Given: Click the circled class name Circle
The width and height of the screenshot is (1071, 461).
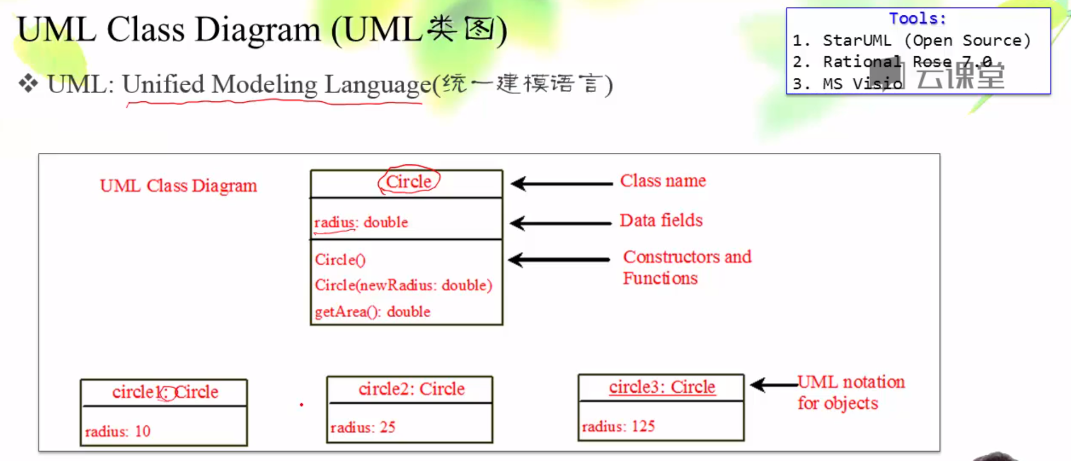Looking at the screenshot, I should pos(409,181).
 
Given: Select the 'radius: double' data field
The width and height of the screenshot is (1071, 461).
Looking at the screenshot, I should pos(361,222).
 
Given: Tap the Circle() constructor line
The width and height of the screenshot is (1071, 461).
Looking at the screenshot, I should pos(340,260).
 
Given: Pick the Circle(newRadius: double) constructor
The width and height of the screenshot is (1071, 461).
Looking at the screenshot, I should pos(403,285).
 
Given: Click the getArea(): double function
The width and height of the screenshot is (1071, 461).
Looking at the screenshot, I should pos(373,312).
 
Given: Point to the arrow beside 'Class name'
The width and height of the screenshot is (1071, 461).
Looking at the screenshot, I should pos(561,184).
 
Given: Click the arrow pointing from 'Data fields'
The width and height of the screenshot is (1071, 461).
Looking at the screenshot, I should pos(560,223).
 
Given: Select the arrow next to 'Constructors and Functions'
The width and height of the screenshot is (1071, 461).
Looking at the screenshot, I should pos(559,260).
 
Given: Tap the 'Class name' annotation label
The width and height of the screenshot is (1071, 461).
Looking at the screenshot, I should pos(663,181).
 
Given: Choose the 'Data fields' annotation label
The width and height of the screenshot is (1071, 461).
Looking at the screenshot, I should pos(661,220).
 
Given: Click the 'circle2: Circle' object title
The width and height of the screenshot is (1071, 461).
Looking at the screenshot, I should pos(411,389).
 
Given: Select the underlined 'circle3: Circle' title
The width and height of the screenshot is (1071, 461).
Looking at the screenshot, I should pos(662,387).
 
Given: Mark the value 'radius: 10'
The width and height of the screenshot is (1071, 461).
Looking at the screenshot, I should pos(118,431).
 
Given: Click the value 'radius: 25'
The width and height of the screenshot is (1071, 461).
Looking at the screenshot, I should pos(363,427).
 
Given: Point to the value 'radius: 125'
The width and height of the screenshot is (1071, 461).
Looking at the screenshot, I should pos(618,426).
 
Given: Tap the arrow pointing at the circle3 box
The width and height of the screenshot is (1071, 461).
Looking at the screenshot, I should pos(773,385).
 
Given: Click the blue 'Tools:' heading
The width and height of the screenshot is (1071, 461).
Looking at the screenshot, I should pos(917,19).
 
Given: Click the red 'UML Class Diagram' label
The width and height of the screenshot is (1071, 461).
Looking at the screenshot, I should pos(178,186).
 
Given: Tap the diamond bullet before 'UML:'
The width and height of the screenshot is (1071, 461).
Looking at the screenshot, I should pos(28,84).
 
